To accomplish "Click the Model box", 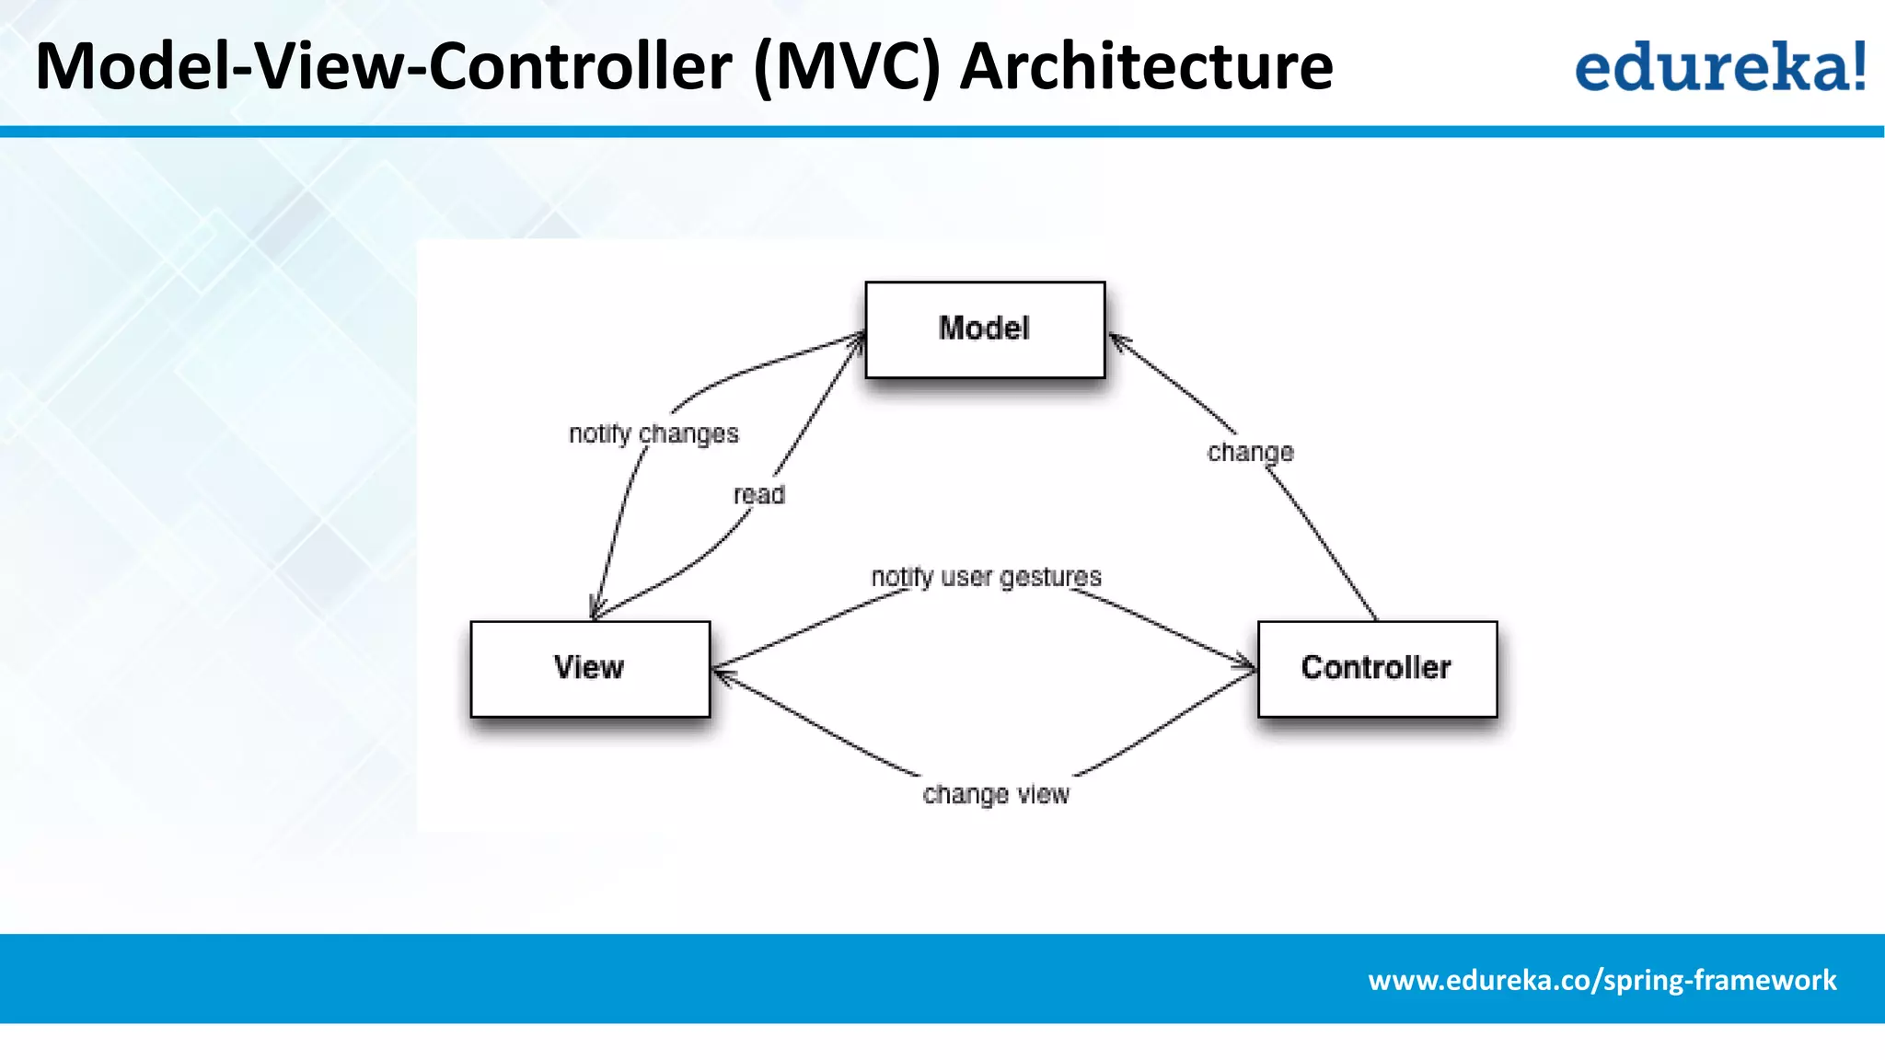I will click(985, 329).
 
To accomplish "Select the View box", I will click(590, 669).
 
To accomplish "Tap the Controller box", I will click(1377, 669).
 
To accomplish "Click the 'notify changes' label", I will click(653, 433).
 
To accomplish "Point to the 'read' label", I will click(759, 495).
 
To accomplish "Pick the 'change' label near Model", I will click(1250, 453).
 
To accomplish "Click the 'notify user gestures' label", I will click(986, 578).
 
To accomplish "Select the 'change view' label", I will click(996, 794).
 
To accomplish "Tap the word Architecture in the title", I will click(1146, 66).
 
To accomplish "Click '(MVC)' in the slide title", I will click(847, 66).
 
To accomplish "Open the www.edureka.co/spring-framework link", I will click(1602, 980).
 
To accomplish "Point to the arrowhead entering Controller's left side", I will click(1248, 664).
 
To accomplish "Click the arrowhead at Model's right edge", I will click(1116, 340).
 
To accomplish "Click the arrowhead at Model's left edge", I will click(858, 339).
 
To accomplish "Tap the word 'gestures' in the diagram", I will click(1050, 578).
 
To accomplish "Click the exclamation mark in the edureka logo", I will click(1859, 66).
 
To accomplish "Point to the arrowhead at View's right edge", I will click(721, 673).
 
